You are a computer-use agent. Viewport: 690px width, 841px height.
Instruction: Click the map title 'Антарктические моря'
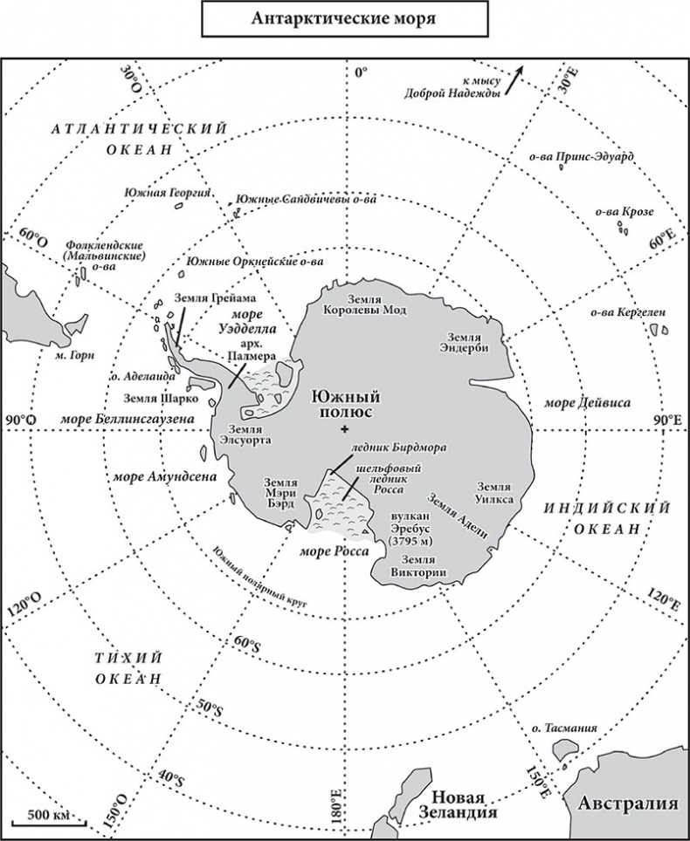pyautogui.click(x=344, y=19)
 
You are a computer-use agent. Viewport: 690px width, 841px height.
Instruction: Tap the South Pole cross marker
pyautogui.click(x=346, y=427)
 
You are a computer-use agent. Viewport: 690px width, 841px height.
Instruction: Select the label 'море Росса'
pyautogui.click(x=335, y=551)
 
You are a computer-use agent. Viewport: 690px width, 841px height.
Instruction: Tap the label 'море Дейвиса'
pyautogui.click(x=587, y=403)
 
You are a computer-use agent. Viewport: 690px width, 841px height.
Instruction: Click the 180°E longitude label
pyautogui.click(x=335, y=807)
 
